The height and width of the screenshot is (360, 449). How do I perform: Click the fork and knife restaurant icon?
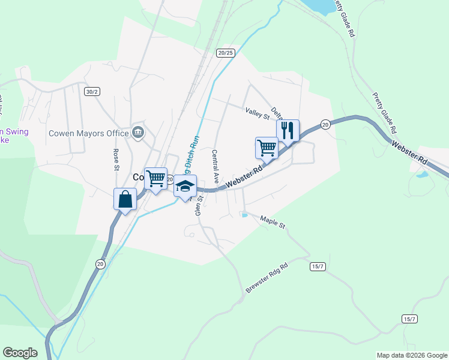pyautogui.click(x=288, y=130)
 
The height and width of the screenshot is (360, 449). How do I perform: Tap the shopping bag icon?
pyautogui.click(x=125, y=199)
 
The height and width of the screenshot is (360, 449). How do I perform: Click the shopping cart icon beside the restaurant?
pyautogui.click(x=267, y=148)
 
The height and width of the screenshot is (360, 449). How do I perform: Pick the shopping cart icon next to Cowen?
pyautogui.click(x=156, y=178)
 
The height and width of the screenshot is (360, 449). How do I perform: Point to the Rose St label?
pyautogui.click(x=115, y=158)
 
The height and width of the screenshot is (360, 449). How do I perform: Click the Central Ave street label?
pyautogui.click(x=215, y=167)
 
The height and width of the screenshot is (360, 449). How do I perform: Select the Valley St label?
pyautogui.click(x=257, y=112)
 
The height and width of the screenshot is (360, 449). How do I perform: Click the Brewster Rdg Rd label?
pyautogui.click(x=267, y=277)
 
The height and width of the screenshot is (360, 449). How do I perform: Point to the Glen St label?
pyautogui.click(x=199, y=204)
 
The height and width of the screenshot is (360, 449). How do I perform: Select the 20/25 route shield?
pyautogui.click(x=226, y=53)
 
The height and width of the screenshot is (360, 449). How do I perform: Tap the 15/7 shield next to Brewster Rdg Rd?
pyautogui.click(x=318, y=266)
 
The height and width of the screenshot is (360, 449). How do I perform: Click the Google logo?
pyautogui.click(x=20, y=353)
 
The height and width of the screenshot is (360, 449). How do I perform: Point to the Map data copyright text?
pyautogui.click(x=412, y=355)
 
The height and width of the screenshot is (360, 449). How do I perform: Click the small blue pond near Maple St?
pyautogui.click(x=244, y=215)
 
